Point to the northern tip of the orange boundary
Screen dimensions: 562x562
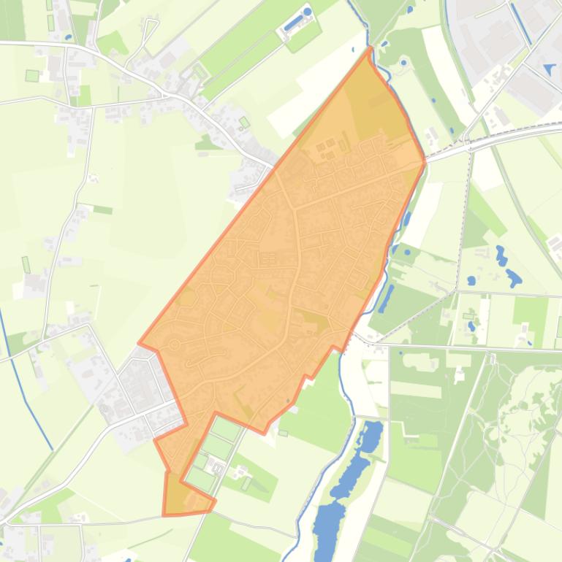click(x=371, y=49)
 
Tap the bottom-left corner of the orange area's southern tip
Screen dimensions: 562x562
click(x=164, y=515)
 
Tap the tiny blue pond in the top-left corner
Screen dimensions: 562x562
click(x=68, y=36)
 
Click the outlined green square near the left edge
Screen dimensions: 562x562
click(x=31, y=75)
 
